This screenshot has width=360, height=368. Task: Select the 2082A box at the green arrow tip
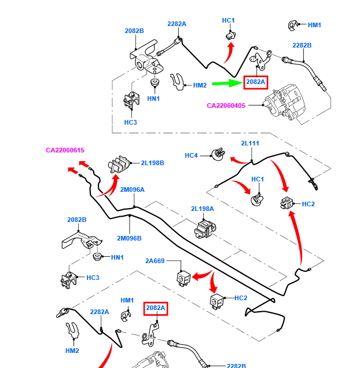pyautogui.click(x=255, y=82)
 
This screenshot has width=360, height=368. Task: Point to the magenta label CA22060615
pyautogui.click(x=65, y=151)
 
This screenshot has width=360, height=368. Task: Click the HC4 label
pyautogui.click(x=192, y=155)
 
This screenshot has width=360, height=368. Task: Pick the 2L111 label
pyautogui.click(x=250, y=143)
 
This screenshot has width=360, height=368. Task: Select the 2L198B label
pyautogui.click(x=152, y=163)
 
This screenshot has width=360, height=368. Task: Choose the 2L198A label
pyautogui.click(x=203, y=209)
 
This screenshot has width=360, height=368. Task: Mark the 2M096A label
pyautogui.click(x=132, y=190)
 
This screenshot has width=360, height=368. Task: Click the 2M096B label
pyautogui.click(x=129, y=238)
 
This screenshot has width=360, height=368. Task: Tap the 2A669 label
pyautogui.click(x=155, y=261)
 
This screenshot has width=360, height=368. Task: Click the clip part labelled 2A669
pyautogui.click(x=183, y=276)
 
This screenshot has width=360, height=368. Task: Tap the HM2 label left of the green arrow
pyautogui.click(x=200, y=85)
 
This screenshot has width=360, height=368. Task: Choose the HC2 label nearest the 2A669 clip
pyautogui.click(x=241, y=298)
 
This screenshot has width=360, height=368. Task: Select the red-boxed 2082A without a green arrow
pyautogui.click(x=156, y=308)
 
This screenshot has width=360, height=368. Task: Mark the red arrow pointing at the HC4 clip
pyautogui.click(x=237, y=159)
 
